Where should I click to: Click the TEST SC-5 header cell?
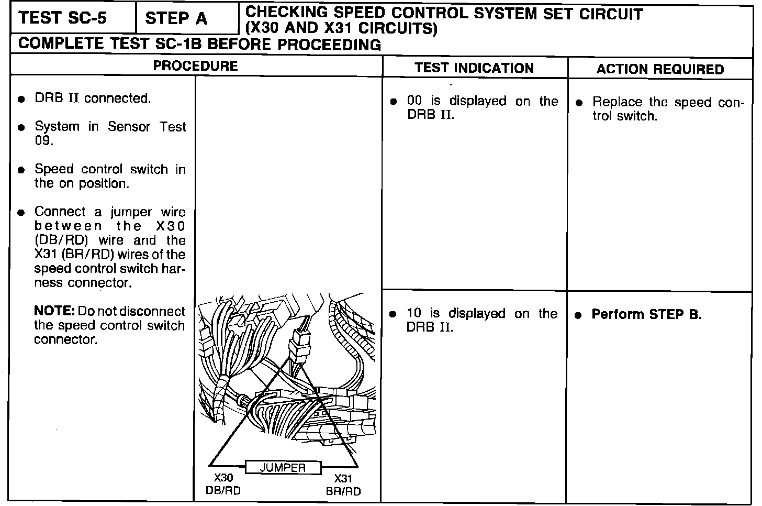point(63,18)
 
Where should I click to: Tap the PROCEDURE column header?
point(195,66)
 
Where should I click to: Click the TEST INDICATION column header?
point(474,68)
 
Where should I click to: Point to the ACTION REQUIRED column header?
point(660,69)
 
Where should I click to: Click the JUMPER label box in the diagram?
point(283,467)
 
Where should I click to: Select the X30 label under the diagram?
point(223,478)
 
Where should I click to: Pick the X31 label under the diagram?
point(343,478)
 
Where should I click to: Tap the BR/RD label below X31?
point(343,491)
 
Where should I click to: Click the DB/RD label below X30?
point(223,491)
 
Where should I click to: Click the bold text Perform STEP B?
point(646,314)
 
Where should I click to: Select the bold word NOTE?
point(54,311)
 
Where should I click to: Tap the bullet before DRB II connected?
point(21,99)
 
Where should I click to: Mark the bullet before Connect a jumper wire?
point(21,213)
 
